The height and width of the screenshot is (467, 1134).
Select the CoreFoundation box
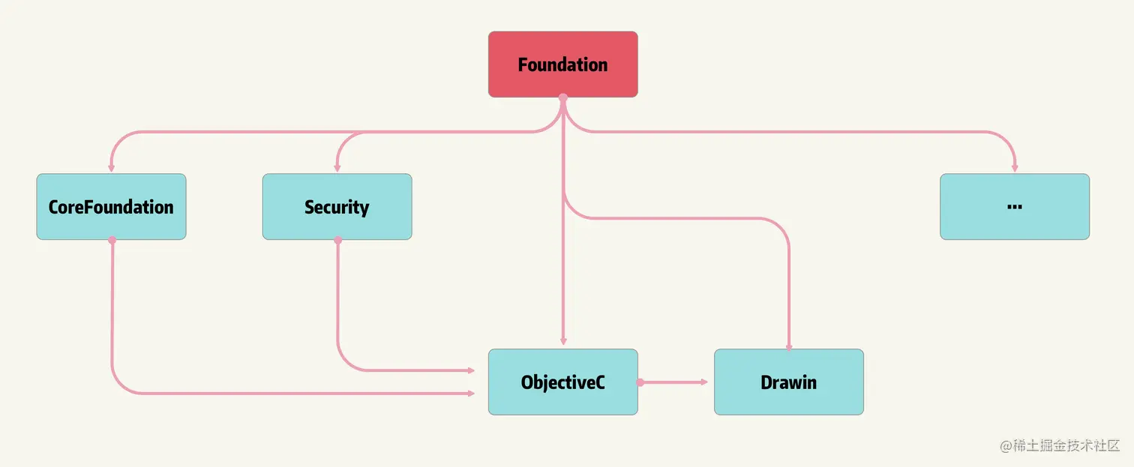tap(111, 207)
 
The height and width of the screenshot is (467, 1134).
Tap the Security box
tap(337, 207)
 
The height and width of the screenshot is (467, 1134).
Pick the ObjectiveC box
tap(562, 382)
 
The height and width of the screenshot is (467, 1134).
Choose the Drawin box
tap(788, 382)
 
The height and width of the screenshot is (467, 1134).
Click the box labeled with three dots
tap(1014, 207)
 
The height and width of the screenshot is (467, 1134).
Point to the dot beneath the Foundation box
tap(562, 97)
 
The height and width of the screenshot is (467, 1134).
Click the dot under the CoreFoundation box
tap(112, 241)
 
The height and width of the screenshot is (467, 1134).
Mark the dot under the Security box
tap(337, 241)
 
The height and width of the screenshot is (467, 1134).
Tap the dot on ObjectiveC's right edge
tap(640, 382)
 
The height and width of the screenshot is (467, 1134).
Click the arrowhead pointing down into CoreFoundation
tap(111, 168)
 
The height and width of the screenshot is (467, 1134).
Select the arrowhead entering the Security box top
tap(337, 168)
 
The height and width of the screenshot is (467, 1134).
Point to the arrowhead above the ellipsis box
tap(1015, 168)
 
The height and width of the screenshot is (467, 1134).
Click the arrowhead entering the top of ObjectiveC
tap(562, 342)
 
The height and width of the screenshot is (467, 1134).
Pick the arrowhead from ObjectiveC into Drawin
tap(704, 382)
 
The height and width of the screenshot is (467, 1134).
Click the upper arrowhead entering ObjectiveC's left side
tap(471, 370)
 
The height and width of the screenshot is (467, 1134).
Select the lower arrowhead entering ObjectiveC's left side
tap(471, 393)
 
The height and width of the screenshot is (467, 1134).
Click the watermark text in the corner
tap(1060, 445)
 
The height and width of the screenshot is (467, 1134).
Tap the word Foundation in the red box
tap(562, 64)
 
